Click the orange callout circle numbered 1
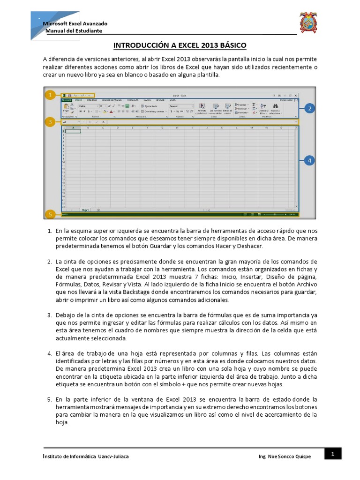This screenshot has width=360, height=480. pos(49,95)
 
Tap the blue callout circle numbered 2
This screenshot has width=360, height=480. pos(309,109)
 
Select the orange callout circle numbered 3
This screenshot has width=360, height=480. pos(49,122)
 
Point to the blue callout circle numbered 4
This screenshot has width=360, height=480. pos(309,161)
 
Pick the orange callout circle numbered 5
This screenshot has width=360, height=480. pos(49,215)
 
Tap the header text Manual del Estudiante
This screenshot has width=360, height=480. pos(74,31)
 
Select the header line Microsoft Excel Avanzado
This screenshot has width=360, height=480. pos(75,23)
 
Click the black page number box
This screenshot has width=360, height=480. pos(332,453)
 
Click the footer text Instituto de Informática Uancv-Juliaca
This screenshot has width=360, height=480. pos(86,456)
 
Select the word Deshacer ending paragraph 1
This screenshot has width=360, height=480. pos(251,246)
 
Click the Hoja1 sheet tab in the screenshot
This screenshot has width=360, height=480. pos(85,210)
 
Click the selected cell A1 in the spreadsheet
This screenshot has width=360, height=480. pos(73,131)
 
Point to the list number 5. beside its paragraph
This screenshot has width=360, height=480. pos(49,399)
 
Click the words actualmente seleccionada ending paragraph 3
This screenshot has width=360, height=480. pos(84,338)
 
